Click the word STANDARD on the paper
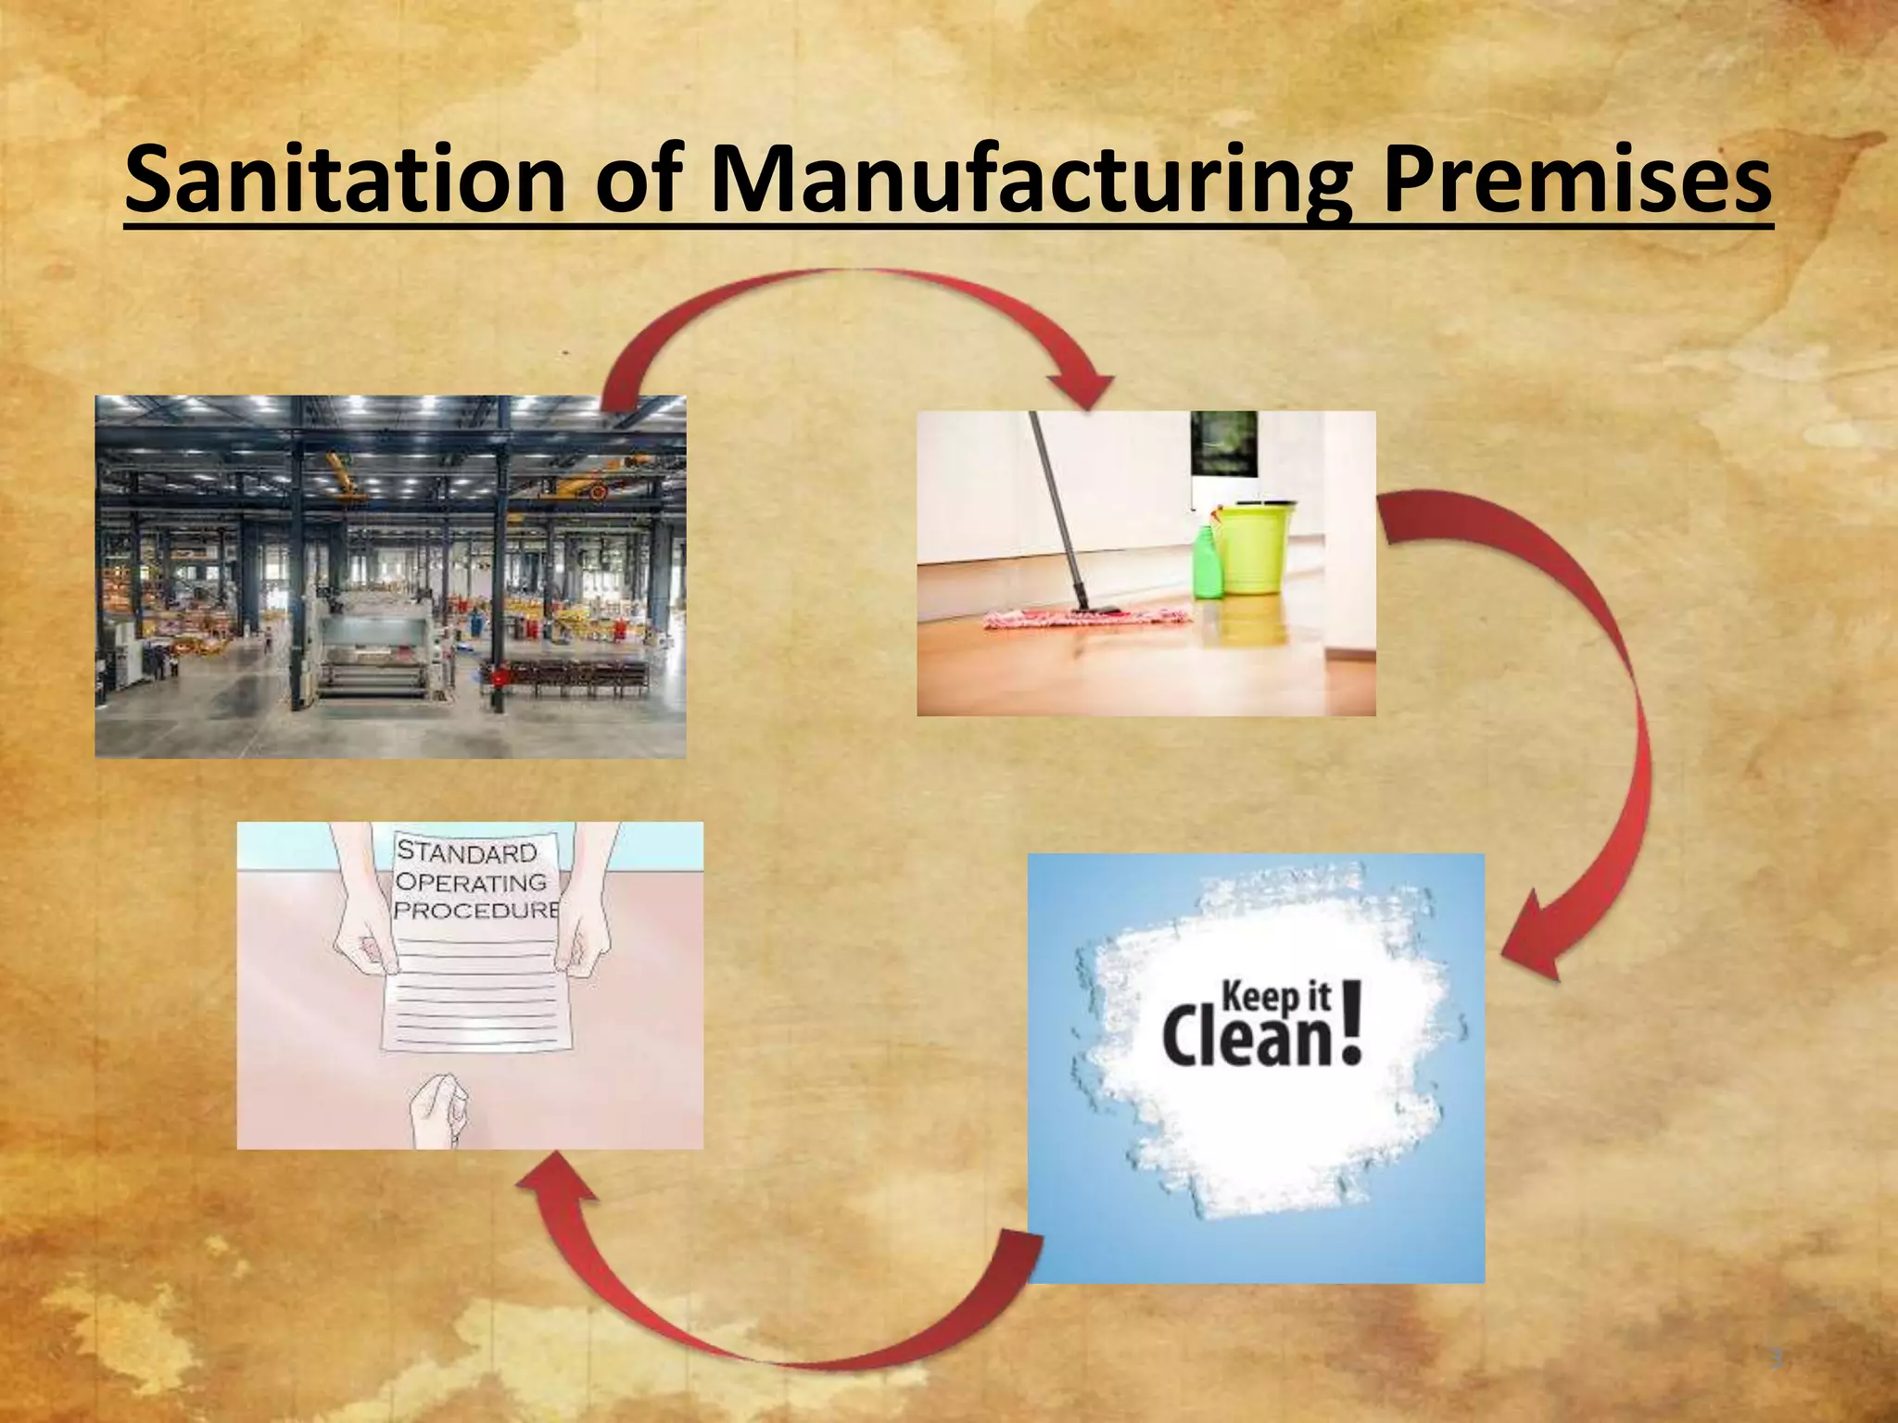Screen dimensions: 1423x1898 pyautogui.click(x=467, y=851)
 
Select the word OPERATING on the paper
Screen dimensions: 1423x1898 pyautogui.click(x=470, y=881)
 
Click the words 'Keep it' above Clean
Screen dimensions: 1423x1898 pyautogui.click(x=1277, y=997)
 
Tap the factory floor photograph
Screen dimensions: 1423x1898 pyautogui.click(x=390, y=576)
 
